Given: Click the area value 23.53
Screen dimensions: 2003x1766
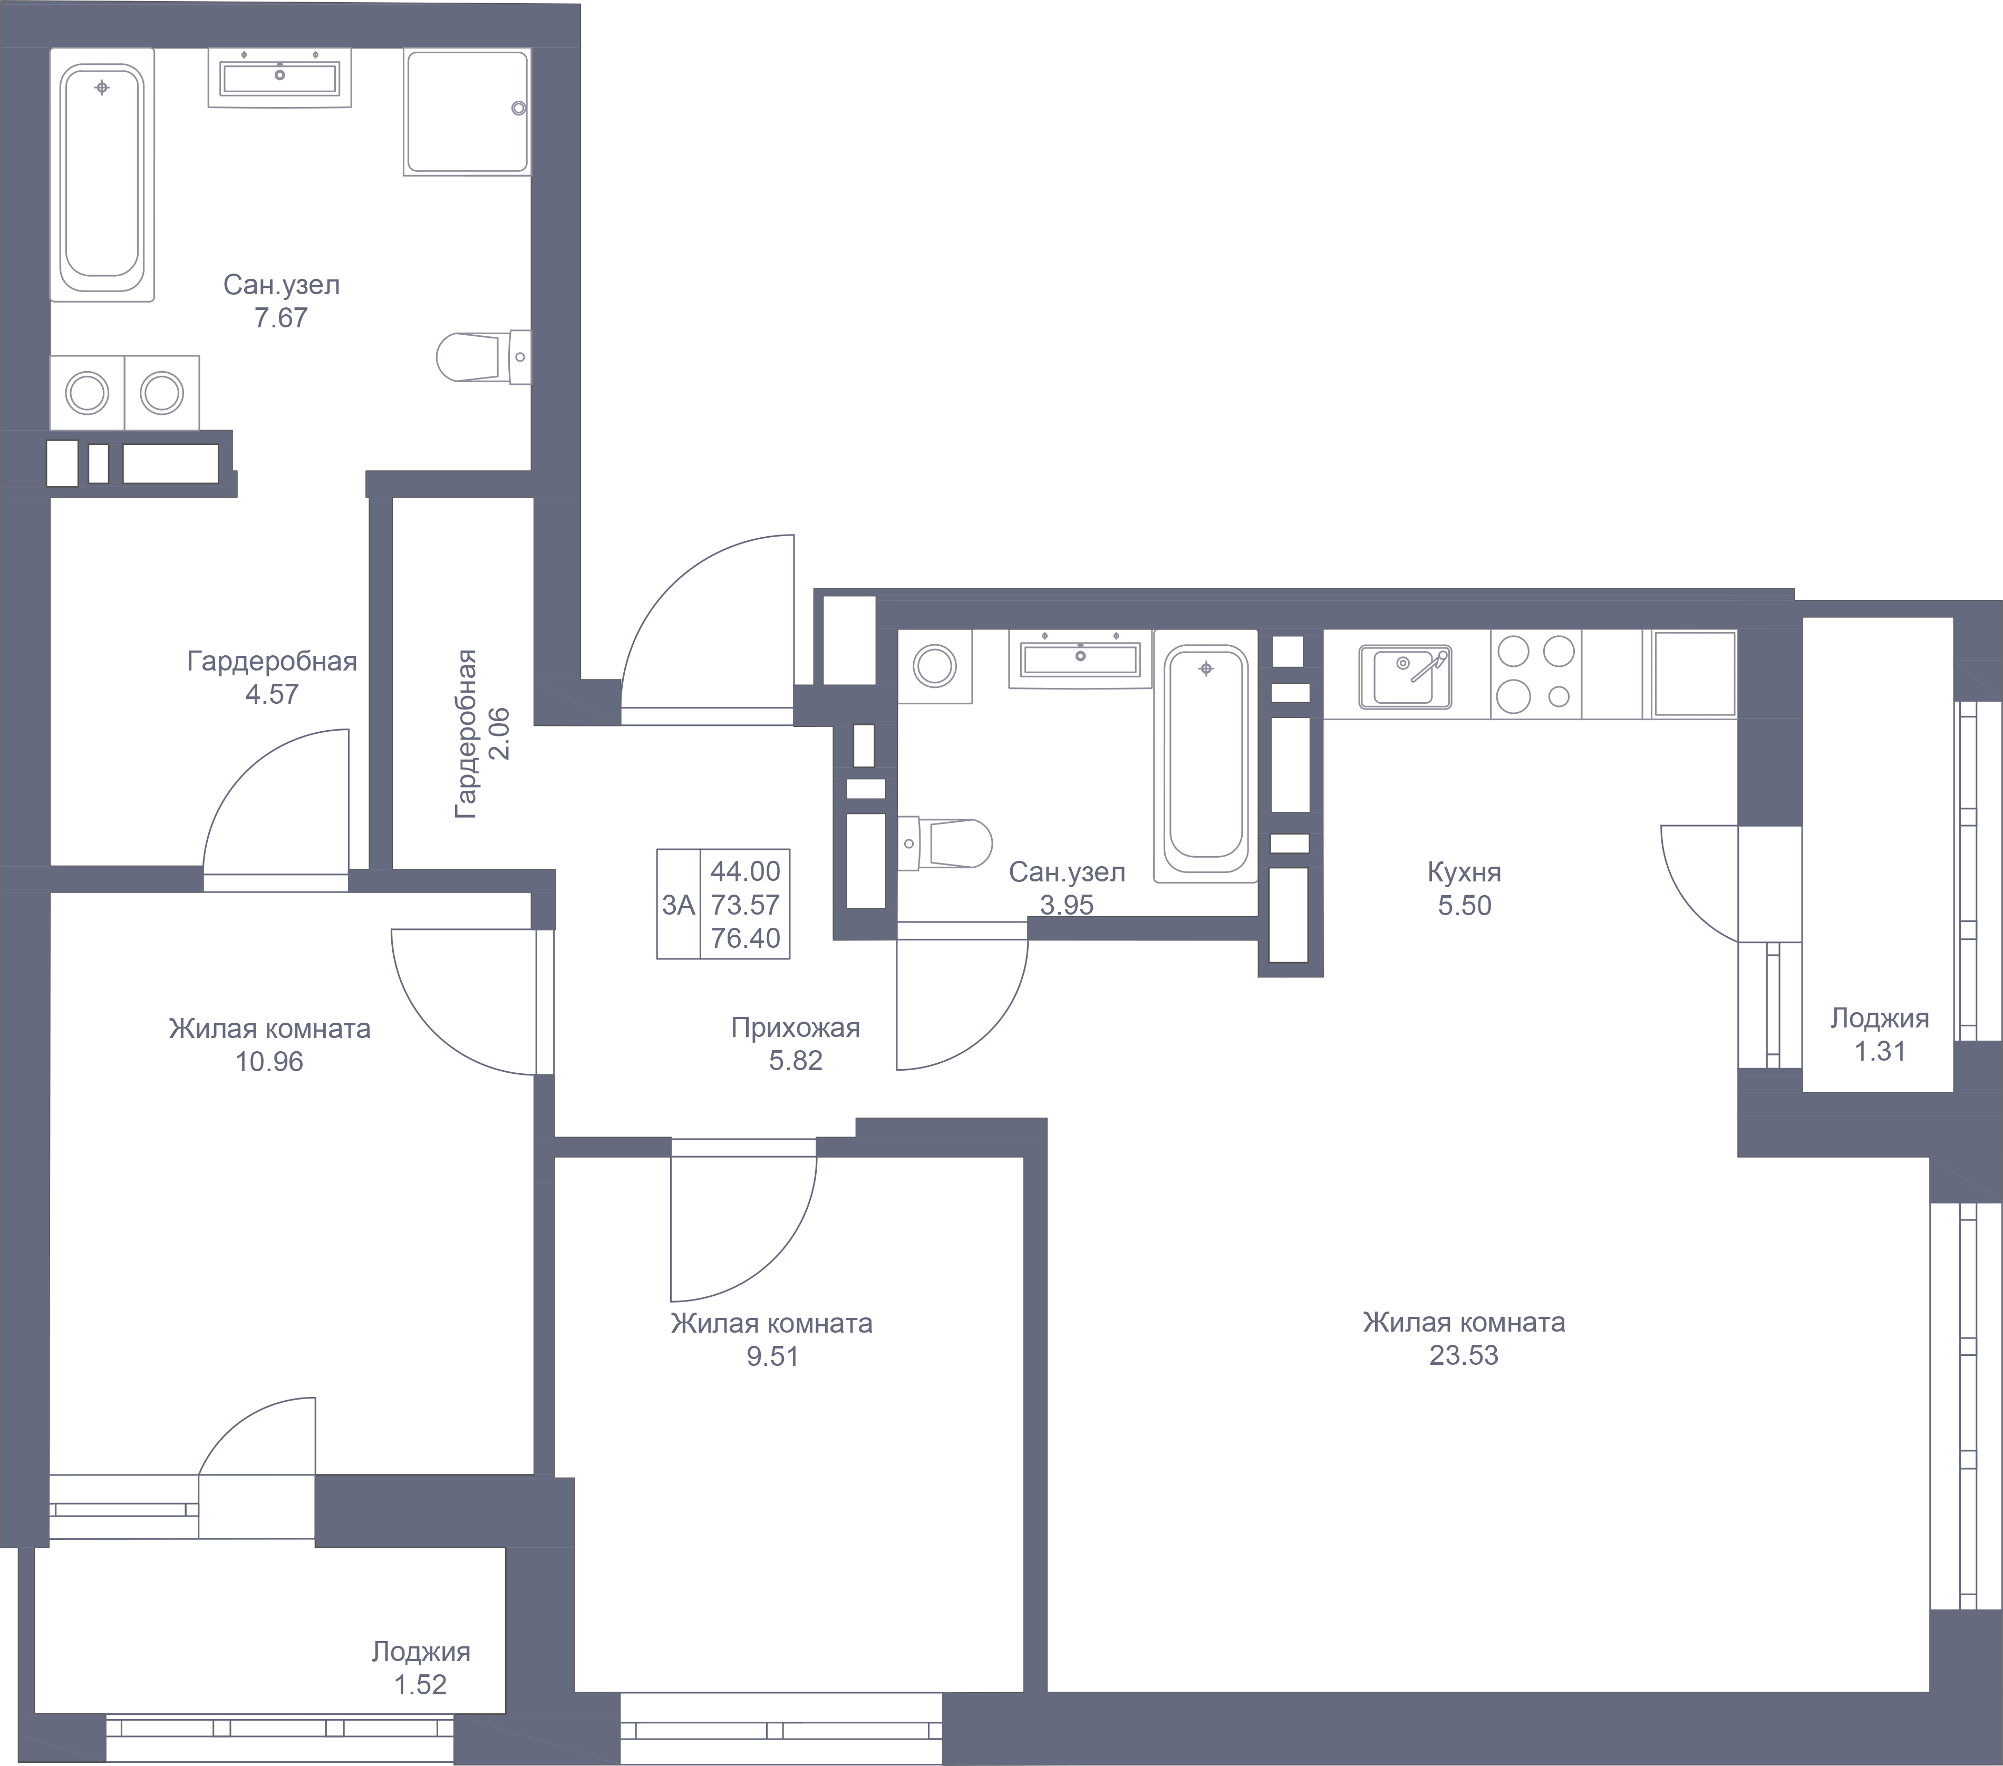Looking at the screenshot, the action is point(1464,1355).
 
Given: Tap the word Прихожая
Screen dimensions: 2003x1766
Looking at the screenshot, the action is point(796,1028).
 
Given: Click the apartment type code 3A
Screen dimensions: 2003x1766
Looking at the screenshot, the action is point(678,905).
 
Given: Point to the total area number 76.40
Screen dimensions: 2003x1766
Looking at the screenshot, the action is point(746,938).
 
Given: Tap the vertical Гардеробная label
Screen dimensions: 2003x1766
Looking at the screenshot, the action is point(467,733).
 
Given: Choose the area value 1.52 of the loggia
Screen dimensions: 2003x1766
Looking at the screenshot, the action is point(420,1685).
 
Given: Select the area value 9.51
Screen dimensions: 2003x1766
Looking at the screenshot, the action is point(773,1356).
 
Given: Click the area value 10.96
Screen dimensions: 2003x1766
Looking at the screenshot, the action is point(269,1061).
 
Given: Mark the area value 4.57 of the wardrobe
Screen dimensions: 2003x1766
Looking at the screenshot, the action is point(272,694).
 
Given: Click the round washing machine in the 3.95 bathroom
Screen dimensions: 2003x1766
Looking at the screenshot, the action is point(935,666).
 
